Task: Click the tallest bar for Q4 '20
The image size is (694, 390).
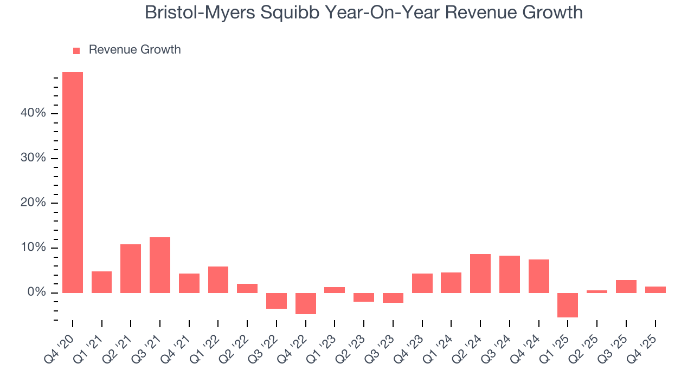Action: tap(73, 182)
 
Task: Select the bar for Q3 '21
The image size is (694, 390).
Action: tap(160, 265)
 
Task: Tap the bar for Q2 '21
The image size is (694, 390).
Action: tap(131, 268)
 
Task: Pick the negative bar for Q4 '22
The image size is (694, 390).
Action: tap(306, 303)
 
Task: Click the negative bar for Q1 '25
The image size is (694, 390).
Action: tap(568, 305)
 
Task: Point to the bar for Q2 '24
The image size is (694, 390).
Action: tap(480, 273)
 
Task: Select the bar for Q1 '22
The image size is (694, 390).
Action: tap(218, 279)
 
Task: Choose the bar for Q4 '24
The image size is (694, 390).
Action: tap(539, 276)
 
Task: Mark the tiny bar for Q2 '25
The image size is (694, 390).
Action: tap(597, 291)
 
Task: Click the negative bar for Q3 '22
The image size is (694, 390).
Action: tap(277, 301)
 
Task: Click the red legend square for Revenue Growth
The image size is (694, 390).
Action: tap(76, 50)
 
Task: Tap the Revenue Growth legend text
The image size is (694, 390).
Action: tap(134, 50)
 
